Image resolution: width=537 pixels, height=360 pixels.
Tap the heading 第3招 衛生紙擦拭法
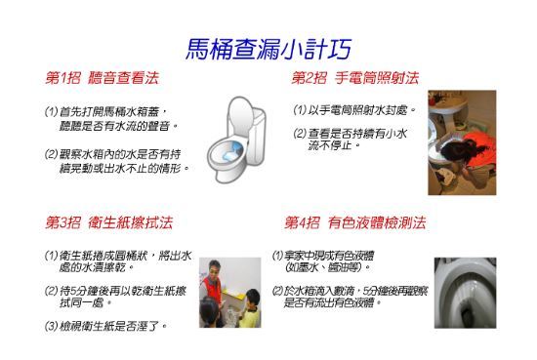click(x=108, y=222)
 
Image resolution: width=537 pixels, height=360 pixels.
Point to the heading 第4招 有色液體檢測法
click(x=355, y=222)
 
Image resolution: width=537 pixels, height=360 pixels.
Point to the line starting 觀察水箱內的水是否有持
click(x=117, y=154)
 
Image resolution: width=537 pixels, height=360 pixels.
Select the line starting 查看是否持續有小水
click(x=351, y=133)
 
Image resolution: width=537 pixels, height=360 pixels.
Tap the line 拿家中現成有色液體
click(x=322, y=256)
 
